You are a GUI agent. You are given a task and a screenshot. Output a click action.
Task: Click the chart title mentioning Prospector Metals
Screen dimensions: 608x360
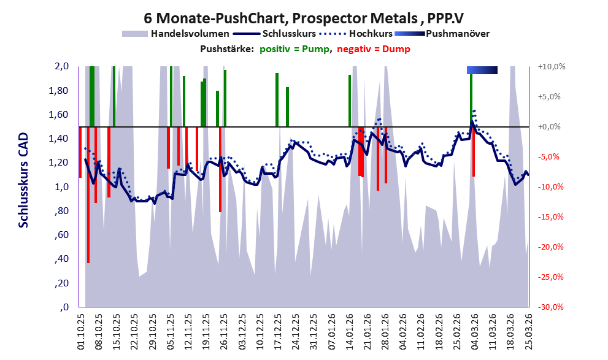click(x=304, y=18)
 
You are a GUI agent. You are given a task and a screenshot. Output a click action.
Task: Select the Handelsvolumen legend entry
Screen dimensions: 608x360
click(x=175, y=34)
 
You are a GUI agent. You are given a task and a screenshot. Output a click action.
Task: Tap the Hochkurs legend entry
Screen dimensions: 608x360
click(x=356, y=34)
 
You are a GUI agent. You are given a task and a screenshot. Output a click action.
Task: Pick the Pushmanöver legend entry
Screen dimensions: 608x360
click(x=442, y=34)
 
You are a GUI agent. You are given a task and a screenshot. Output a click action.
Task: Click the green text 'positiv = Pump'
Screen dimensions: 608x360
click(x=294, y=49)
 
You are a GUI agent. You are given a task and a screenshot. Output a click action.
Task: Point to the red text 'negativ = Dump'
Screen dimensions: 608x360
click(x=374, y=49)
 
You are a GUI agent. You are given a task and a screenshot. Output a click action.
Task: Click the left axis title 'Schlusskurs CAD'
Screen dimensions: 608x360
click(x=24, y=180)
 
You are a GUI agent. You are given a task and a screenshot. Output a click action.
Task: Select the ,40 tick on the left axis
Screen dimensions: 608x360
click(x=61, y=259)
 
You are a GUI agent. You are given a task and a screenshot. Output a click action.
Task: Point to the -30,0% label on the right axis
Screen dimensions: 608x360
click(x=551, y=307)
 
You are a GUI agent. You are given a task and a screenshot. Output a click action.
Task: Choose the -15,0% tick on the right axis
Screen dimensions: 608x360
click(x=551, y=217)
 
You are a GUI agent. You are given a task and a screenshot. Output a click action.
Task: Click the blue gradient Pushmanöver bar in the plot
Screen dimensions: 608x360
click(x=482, y=70)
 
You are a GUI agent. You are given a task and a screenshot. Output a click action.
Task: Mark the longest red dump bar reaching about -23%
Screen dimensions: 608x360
click(x=88, y=195)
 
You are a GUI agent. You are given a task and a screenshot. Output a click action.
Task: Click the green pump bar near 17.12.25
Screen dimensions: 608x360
click(x=277, y=100)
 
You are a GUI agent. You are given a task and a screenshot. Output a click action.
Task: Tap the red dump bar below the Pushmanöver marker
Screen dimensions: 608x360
click(x=474, y=151)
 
